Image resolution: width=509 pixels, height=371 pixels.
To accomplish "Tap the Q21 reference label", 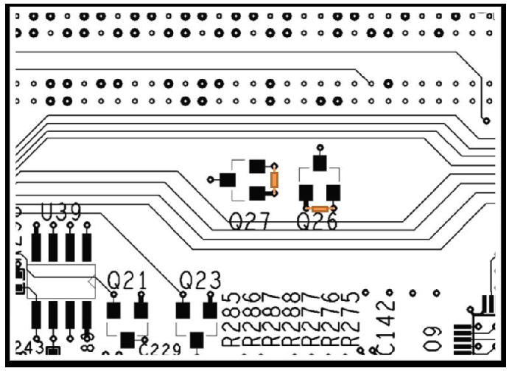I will point(127,281).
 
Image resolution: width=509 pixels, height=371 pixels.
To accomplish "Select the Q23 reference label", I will point(199,281).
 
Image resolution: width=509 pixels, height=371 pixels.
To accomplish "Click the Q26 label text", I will point(317,221).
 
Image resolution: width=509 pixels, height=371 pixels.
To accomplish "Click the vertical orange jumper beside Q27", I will point(275,180).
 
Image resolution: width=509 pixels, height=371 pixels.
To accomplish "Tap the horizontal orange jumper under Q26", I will point(320,209).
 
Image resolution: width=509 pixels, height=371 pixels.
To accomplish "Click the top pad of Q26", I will point(320,162).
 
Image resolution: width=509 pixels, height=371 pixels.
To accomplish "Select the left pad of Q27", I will point(228,179).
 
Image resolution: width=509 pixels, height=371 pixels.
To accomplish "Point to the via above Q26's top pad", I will point(320,147).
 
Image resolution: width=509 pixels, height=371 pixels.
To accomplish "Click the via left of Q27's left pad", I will point(211,179).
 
